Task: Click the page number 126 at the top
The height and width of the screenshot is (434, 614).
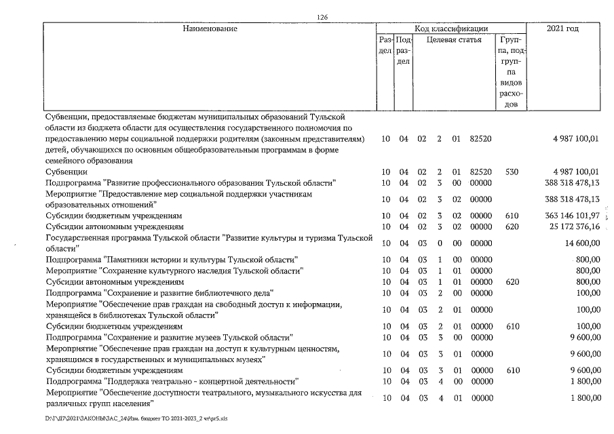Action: coord(322,17)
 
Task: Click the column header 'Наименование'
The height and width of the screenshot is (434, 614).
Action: coord(210,28)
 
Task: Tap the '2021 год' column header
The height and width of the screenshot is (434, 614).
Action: coord(562,28)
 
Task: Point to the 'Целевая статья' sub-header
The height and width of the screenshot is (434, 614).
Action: coord(454,40)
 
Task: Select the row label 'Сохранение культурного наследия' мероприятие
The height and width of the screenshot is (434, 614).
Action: coord(174,271)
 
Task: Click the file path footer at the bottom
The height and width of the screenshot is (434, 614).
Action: coord(136,418)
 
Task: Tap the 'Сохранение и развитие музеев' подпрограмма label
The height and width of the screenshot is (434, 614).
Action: coord(169,337)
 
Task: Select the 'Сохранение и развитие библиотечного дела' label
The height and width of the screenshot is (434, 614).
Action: coord(159,293)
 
